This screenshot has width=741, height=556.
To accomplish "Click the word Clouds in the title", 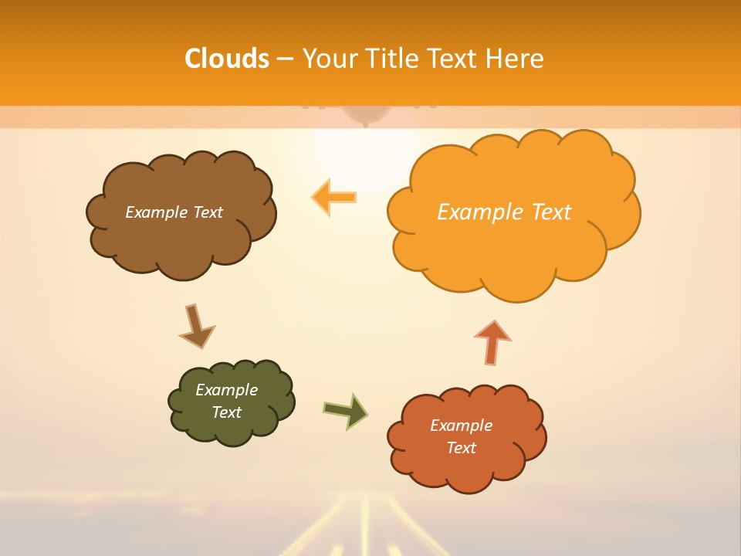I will pos(227,59).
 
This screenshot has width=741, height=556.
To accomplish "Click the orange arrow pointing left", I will pos(333,197).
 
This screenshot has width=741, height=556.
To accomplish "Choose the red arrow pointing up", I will pos(492,341).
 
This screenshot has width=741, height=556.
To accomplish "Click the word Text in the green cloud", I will pos(227,412).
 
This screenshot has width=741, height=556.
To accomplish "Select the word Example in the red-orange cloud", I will pos(461,425).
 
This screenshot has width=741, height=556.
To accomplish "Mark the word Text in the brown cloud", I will pos(208,212).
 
